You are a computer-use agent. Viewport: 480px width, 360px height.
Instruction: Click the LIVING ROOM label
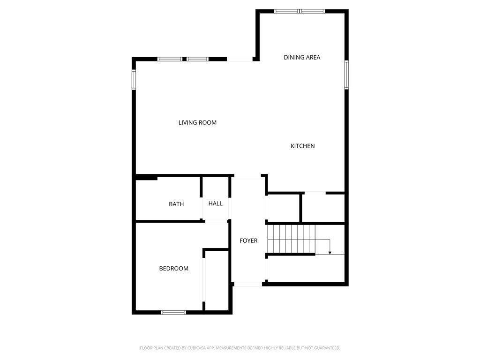(x=197, y=123)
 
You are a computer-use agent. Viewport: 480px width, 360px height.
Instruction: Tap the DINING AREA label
(x=302, y=58)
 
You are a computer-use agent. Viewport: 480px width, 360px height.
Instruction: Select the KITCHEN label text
(x=302, y=146)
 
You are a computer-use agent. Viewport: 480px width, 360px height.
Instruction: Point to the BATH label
(x=176, y=204)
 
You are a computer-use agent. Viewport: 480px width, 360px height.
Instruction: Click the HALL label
(x=216, y=203)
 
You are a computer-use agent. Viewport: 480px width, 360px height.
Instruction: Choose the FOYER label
(x=248, y=241)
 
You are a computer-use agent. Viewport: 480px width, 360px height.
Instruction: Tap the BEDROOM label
(x=173, y=269)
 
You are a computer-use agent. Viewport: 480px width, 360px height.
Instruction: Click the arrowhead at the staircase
(x=330, y=253)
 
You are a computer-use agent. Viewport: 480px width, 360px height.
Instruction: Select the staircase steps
(x=291, y=239)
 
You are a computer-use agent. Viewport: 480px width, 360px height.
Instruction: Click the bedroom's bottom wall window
(x=173, y=312)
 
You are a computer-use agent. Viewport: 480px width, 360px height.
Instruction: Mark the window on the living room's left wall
(x=134, y=80)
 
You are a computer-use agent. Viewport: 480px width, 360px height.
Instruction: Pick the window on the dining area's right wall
(x=347, y=75)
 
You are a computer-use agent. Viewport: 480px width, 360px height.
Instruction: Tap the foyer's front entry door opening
(x=248, y=284)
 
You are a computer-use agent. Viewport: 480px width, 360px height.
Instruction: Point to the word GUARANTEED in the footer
(x=325, y=348)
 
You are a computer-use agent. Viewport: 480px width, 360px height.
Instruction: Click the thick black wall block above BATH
(x=146, y=177)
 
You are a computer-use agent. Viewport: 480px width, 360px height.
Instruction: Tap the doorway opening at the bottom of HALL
(x=216, y=220)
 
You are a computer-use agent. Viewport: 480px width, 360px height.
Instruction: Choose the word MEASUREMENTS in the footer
(x=231, y=348)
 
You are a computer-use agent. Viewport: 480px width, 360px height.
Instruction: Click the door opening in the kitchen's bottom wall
(x=315, y=192)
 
